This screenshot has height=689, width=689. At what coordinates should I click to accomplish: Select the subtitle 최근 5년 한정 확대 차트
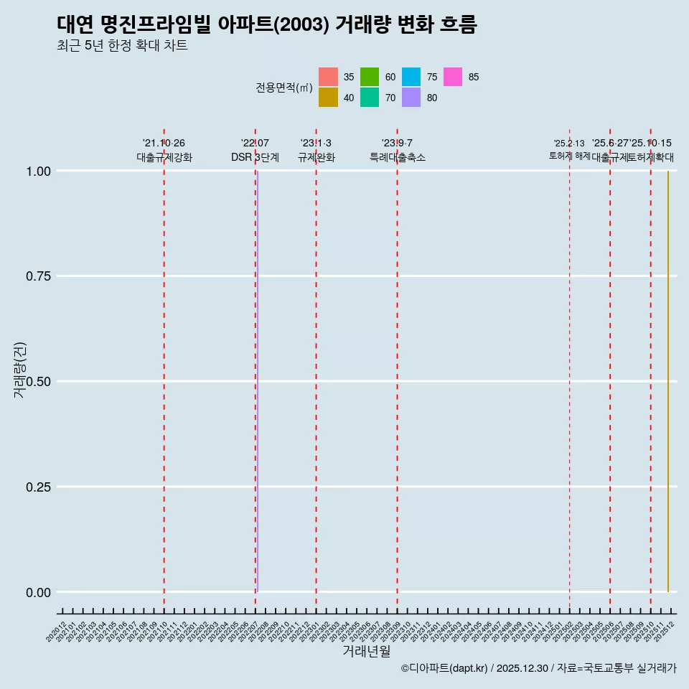coord(122,46)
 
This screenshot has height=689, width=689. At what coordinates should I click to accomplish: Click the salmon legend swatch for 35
coord(328,77)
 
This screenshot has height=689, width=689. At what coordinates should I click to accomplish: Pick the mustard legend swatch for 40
coord(328,98)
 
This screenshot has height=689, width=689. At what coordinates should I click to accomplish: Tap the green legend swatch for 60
coord(370,77)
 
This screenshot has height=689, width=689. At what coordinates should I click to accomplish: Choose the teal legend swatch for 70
coord(370,98)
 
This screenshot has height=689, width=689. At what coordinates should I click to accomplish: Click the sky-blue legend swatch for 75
coord(411,77)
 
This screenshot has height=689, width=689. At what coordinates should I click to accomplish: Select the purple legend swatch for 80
coord(411,98)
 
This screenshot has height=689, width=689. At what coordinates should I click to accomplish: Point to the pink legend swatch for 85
coord(453,77)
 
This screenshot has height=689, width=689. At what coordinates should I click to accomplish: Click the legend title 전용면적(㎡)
coord(283,88)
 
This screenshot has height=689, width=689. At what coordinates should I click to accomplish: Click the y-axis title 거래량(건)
coord(20,370)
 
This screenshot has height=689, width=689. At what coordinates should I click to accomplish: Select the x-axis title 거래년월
coord(366,651)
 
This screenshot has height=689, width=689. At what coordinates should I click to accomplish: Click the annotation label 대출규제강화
coord(164,157)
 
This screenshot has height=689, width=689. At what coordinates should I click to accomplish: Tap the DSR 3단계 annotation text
coord(255,157)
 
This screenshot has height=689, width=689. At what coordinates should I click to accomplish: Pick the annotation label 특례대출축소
coord(398,157)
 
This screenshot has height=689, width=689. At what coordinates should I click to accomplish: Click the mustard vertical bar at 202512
coord(667,381)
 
